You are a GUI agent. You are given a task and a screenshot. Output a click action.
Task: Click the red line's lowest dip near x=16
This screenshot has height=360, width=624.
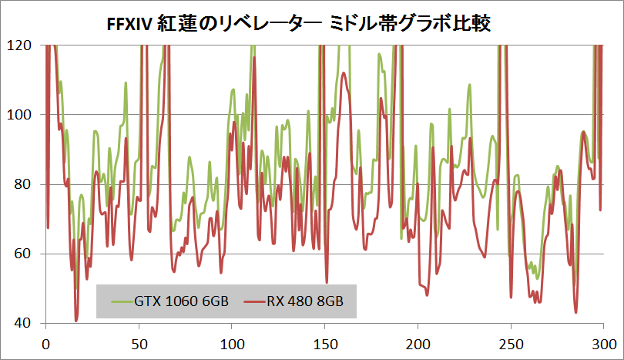point(76,320)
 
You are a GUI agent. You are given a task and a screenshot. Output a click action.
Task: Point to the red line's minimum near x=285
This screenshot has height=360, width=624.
point(575,311)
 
